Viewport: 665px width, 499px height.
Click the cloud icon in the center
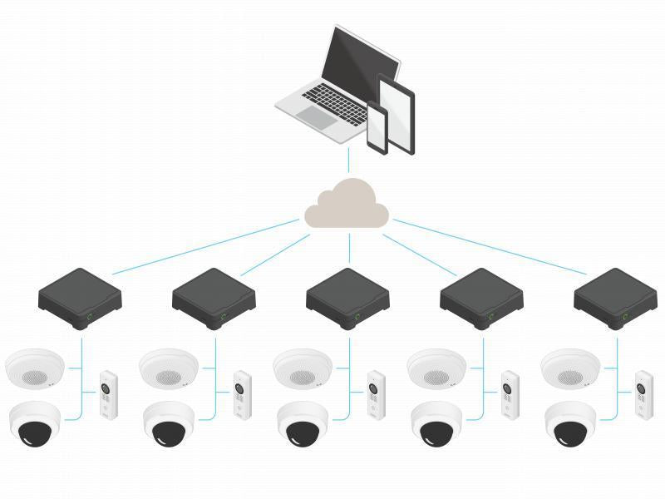tap(347, 206)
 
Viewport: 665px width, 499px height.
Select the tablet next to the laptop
tap(397, 112)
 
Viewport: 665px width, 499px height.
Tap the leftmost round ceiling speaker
tap(34, 368)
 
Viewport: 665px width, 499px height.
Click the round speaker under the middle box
tap(303, 368)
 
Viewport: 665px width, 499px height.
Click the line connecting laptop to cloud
tap(348, 158)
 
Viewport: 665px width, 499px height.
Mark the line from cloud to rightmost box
tap(490, 247)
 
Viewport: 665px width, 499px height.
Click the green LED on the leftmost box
tap(89, 317)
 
